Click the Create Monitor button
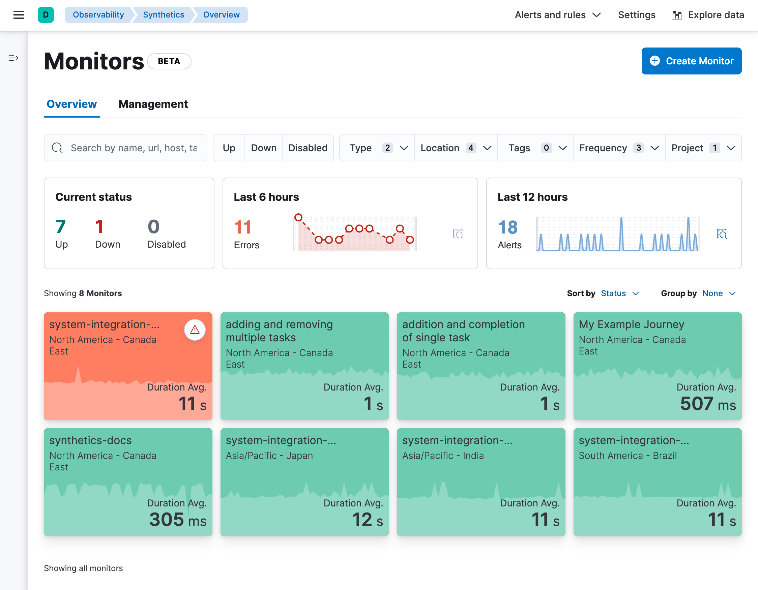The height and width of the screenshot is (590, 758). (x=691, y=61)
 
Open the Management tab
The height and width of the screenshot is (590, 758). (x=153, y=104)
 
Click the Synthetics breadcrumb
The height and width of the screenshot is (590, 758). (x=163, y=15)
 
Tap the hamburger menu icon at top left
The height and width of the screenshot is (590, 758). (x=19, y=15)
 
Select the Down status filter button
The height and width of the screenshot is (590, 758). (x=263, y=148)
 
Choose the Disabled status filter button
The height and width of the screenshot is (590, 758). (x=308, y=148)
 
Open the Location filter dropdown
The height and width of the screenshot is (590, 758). (x=455, y=148)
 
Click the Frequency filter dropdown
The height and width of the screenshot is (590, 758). (x=618, y=148)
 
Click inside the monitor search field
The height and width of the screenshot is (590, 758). (x=133, y=148)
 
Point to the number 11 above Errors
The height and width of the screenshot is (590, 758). (x=242, y=227)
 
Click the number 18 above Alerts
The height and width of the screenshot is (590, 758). (x=507, y=227)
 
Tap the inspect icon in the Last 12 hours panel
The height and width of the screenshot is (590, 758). (x=722, y=234)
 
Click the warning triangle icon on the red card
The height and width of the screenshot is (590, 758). (x=195, y=330)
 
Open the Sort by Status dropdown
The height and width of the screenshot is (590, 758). (x=619, y=293)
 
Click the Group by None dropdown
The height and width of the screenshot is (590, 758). (x=719, y=293)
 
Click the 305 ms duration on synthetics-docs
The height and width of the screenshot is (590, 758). (x=177, y=520)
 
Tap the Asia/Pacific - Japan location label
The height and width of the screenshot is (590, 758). (x=269, y=456)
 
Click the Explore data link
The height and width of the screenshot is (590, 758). (x=708, y=15)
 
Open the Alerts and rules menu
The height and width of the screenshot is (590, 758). (x=557, y=15)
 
